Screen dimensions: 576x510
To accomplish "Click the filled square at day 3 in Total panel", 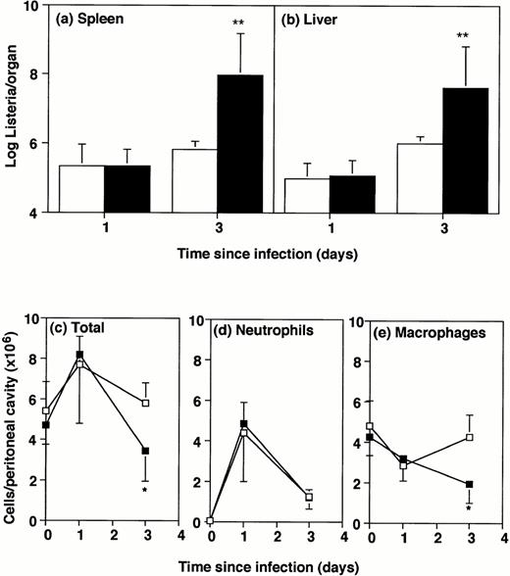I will pos(145,451).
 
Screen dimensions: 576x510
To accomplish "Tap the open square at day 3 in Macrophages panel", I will pos(470,437).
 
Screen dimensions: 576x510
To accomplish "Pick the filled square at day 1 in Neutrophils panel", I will pos(243,423).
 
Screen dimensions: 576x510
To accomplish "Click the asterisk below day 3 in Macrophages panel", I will pos(470,509).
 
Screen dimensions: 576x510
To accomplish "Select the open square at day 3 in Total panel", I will pos(145,403).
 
